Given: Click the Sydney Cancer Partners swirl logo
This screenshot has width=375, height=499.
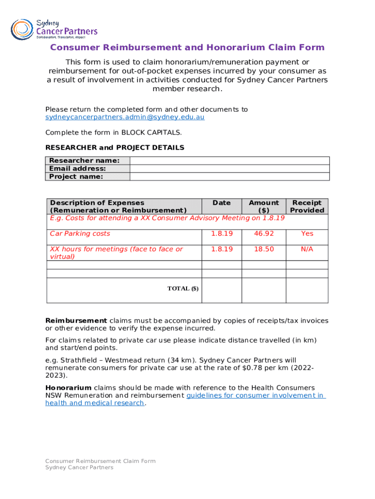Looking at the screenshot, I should point(21,29).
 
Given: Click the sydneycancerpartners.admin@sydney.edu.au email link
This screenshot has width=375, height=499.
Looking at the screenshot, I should point(125,117).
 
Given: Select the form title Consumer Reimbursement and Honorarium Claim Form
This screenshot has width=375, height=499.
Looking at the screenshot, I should point(187,47).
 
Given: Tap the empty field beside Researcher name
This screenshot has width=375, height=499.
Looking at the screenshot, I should point(229,161).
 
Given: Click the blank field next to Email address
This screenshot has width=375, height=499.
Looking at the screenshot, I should point(229,169).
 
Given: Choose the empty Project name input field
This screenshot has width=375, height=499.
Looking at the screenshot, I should point(229,176).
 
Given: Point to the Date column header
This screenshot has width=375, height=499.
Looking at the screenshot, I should point(222,203).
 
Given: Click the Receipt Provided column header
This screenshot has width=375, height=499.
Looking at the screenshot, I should point(307,206).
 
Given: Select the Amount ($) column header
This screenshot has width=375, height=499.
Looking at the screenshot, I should point(263,206).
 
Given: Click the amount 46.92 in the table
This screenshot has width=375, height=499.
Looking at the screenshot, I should point(263,234).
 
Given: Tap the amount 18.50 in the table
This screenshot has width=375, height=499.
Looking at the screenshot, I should point(263,249).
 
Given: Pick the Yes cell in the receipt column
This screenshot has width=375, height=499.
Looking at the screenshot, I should point(307,234).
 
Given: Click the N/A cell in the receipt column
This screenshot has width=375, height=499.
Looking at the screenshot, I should point(307,249).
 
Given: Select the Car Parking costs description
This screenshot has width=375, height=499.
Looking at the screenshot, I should point(80,234).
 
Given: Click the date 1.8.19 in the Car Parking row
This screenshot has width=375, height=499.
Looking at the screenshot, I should point(222,234).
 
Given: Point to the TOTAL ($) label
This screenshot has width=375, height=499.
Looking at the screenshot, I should point(183,288).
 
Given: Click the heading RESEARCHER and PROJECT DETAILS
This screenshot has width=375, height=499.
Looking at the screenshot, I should point(114,148).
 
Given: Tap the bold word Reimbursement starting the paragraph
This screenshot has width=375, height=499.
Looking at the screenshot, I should point(76,321).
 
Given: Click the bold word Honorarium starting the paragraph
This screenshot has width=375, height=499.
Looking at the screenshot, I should point(68,387).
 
